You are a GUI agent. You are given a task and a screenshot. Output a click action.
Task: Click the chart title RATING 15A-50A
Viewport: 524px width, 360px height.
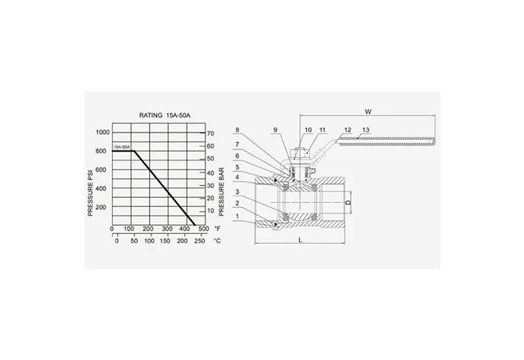tap(165, 115)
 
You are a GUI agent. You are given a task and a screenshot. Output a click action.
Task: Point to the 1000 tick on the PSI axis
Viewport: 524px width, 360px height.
tap(102, 133)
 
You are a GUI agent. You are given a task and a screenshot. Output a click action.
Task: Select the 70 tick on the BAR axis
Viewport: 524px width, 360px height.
tap(210, 133)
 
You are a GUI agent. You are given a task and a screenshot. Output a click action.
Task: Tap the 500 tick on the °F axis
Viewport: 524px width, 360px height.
tap(203, 229)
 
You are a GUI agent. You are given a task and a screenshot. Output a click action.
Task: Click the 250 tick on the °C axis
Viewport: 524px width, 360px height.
tap(200, 241)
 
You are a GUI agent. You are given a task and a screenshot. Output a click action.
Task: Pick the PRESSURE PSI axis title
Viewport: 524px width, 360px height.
tap(90, 193)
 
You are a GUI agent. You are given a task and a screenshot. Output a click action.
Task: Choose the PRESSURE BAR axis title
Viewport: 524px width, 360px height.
tap(221, 191)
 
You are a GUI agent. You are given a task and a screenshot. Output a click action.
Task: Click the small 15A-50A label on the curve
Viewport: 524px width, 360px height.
tap(122, 147)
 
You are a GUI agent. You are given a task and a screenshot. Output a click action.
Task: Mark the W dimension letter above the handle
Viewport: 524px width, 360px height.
tap(368, 111)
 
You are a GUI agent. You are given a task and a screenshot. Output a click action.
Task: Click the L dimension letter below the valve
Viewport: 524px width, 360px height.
tap(300, 240)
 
